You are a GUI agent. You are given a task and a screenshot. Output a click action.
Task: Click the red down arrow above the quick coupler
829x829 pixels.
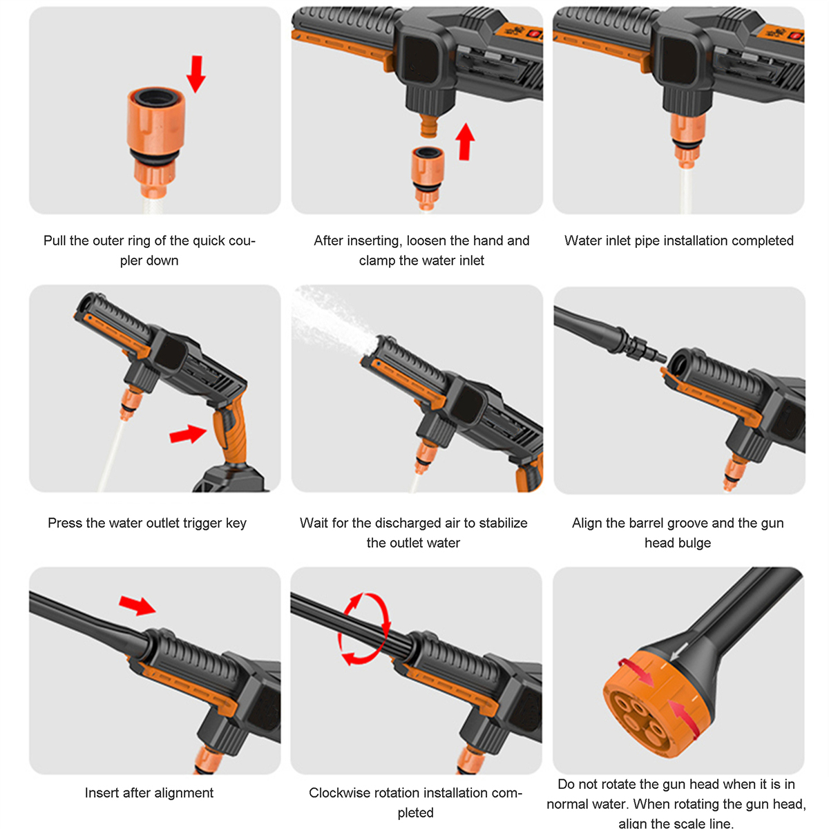click(196, 74)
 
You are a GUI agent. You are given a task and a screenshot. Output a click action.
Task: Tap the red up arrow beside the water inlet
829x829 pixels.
click(465, 142)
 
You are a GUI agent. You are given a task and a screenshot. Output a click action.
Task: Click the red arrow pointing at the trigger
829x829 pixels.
click(188, 434)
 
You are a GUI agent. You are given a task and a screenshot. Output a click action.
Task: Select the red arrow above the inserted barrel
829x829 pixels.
click(137, 605)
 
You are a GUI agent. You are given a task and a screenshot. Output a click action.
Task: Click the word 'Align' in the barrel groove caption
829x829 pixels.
click(587, 523)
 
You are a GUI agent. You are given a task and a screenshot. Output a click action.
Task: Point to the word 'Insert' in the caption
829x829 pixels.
click(102, 792)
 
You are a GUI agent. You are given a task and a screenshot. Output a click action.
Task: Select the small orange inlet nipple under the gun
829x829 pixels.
click(429, 126)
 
